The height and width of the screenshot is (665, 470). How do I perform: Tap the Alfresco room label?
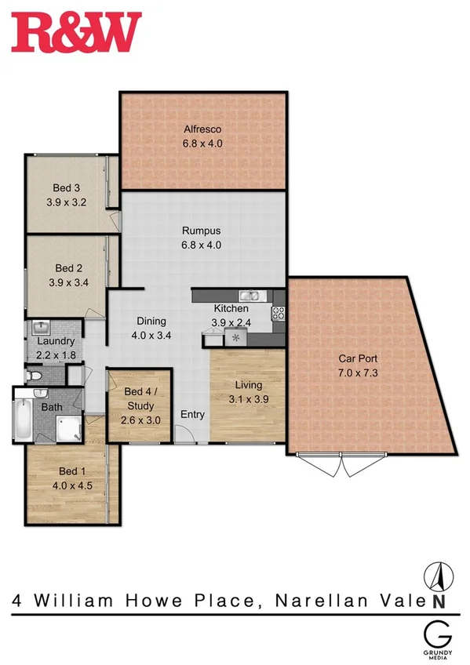[x=202, y=129]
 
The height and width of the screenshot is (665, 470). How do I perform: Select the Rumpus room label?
[x=202, y=231]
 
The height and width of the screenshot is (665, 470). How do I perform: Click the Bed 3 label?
[x=67, y=187]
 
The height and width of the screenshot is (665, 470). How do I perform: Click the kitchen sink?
[x=250, y=296]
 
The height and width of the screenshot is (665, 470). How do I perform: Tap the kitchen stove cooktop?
[x=278, y=314]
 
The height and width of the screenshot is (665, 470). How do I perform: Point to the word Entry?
[x=192, y=414]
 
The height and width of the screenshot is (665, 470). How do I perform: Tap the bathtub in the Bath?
[x=24, y=420]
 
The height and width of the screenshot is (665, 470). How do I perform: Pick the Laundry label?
[x=56, y=341]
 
